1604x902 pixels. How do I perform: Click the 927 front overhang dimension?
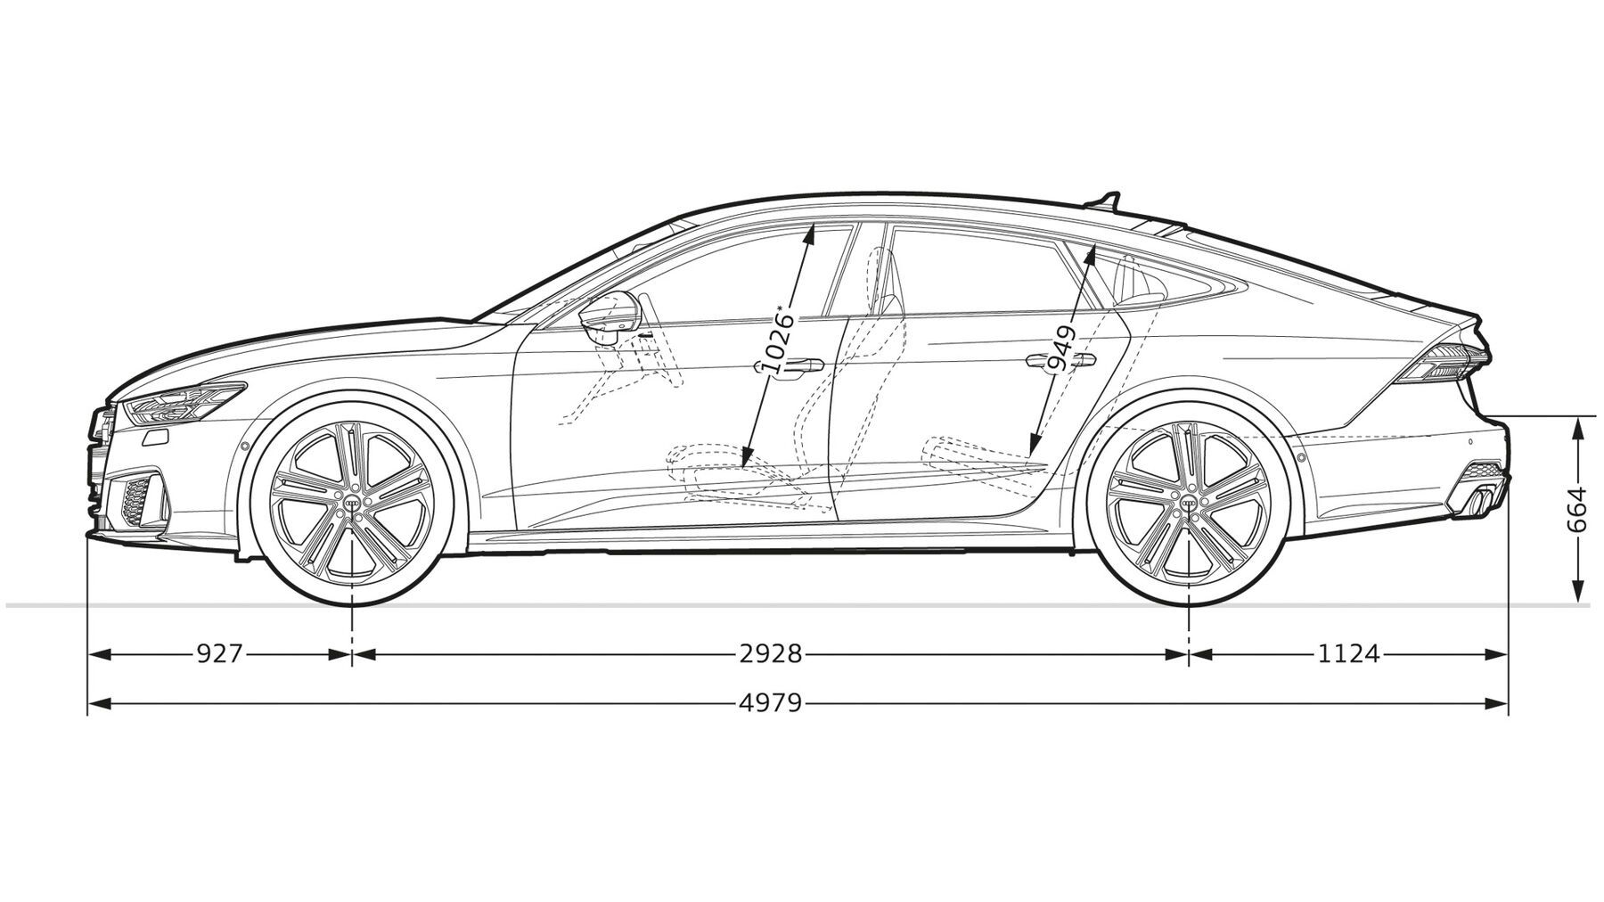point(219,654)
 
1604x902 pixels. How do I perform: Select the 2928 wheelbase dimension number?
point(771,654)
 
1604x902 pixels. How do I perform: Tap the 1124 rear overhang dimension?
point(1348,654)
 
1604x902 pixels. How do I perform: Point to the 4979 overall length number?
point(771,703)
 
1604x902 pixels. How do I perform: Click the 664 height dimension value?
point(1576,510)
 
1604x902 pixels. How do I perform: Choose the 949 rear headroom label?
point(1061,348)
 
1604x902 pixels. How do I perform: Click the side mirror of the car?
point(609,313)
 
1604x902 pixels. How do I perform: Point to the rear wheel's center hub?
point(1190,504)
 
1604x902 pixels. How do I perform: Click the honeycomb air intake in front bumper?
point(136,502)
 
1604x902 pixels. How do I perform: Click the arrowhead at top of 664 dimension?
point(1577,429)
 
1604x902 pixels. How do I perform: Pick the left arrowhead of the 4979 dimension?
point(98,703)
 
